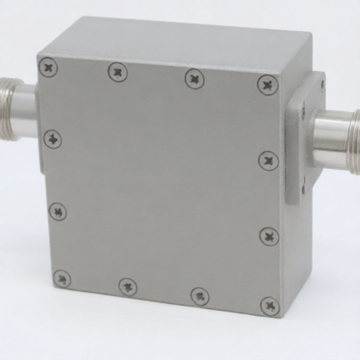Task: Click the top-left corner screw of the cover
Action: (49, 68)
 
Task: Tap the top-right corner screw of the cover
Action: (267, 85)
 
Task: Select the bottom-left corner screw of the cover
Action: (62, 278)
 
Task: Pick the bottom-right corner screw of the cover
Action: (269, 306)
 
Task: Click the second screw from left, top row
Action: (118, 72)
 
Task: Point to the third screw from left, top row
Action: (195, 78)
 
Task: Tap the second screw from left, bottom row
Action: (128, 287)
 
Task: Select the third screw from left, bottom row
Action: (200, 296)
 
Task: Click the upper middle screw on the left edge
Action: (53, 139)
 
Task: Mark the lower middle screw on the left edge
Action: (58, 211)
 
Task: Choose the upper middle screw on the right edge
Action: (269, 161)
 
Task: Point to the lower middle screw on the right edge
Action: (269, 236)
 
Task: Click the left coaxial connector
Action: (18, 109)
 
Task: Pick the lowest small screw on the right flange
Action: (304, 188)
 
